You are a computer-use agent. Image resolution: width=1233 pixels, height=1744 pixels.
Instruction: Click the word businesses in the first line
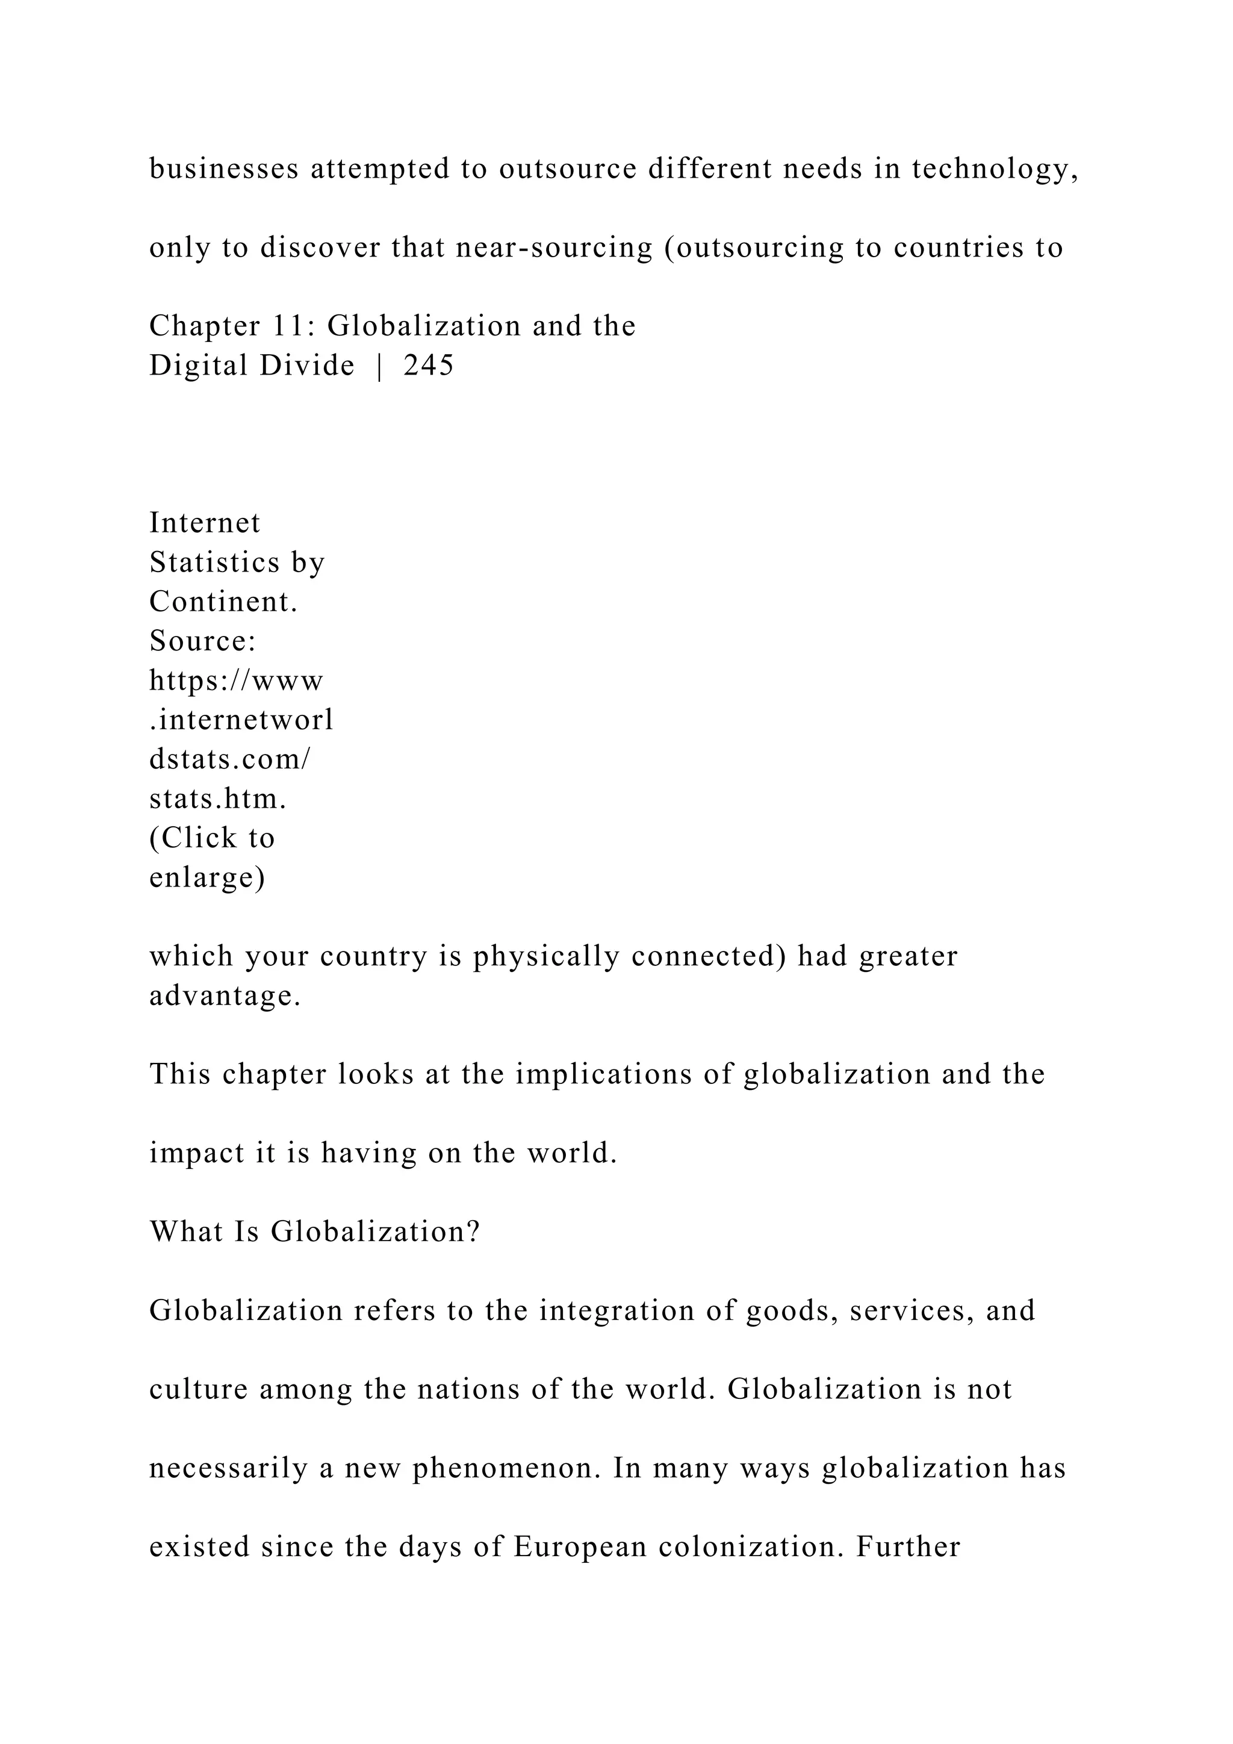224,169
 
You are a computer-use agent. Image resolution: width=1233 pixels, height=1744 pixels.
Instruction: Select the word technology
995,169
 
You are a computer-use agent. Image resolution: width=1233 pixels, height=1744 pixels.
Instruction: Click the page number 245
429,366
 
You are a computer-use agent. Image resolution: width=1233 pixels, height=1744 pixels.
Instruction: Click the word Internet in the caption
205,523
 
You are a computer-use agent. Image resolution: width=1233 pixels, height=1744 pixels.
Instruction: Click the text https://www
236,680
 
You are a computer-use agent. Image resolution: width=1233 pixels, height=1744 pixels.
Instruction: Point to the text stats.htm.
218,799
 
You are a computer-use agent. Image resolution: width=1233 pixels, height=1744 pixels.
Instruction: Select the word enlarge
207,877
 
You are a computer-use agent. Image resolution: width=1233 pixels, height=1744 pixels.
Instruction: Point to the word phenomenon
507,1468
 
